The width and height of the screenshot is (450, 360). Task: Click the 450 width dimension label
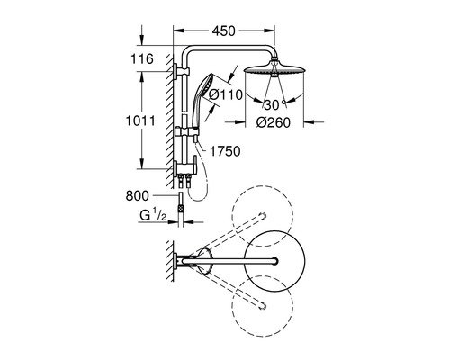pyautogui.click(x=224, y=31)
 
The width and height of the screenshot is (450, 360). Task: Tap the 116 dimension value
pyautogui.click(x=142, y=58)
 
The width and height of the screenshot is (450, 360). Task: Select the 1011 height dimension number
pyautogui.click(x=140, y=121)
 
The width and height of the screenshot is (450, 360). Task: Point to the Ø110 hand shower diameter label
pyautogui.click(x=226, y=94)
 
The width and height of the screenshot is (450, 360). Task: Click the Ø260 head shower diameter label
pyautogui.click(x=274, y=122)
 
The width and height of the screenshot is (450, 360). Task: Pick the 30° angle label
pyautogui.click(x=274, y=104)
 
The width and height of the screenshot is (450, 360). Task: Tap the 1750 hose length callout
pyautogui.click(x=225, y=151)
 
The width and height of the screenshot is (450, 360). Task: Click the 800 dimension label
pyautogui.click(x=137, y=196)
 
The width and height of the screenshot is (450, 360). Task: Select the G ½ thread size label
pyautogui.click(x=153, y=216)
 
